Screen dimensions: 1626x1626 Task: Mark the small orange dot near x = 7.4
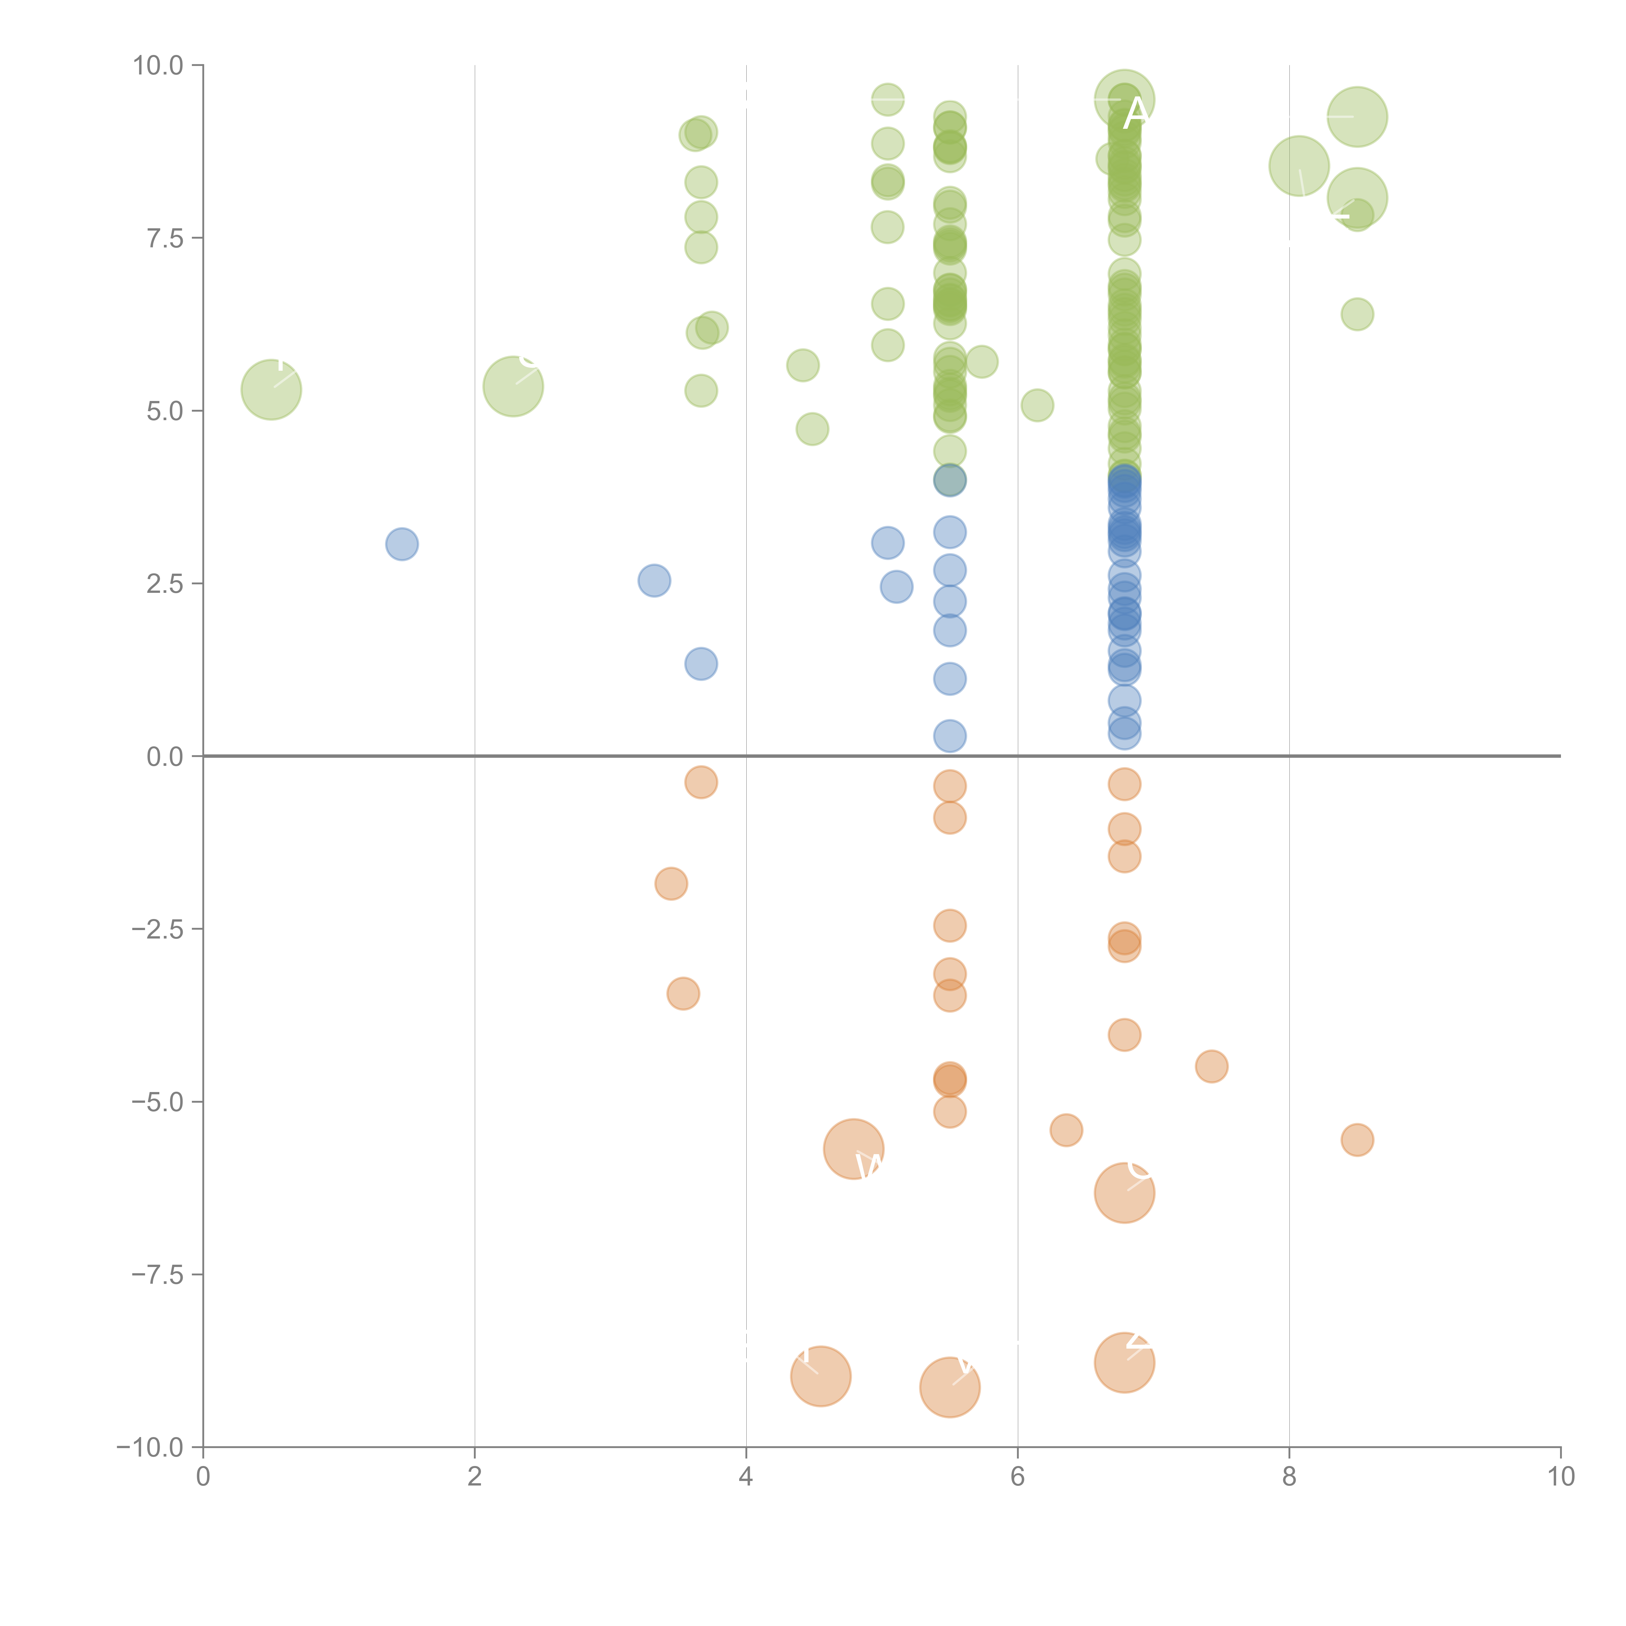coord(1211,1066)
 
